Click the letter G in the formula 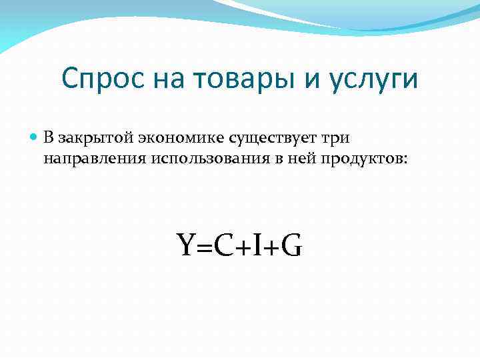(x=291, y=246)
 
